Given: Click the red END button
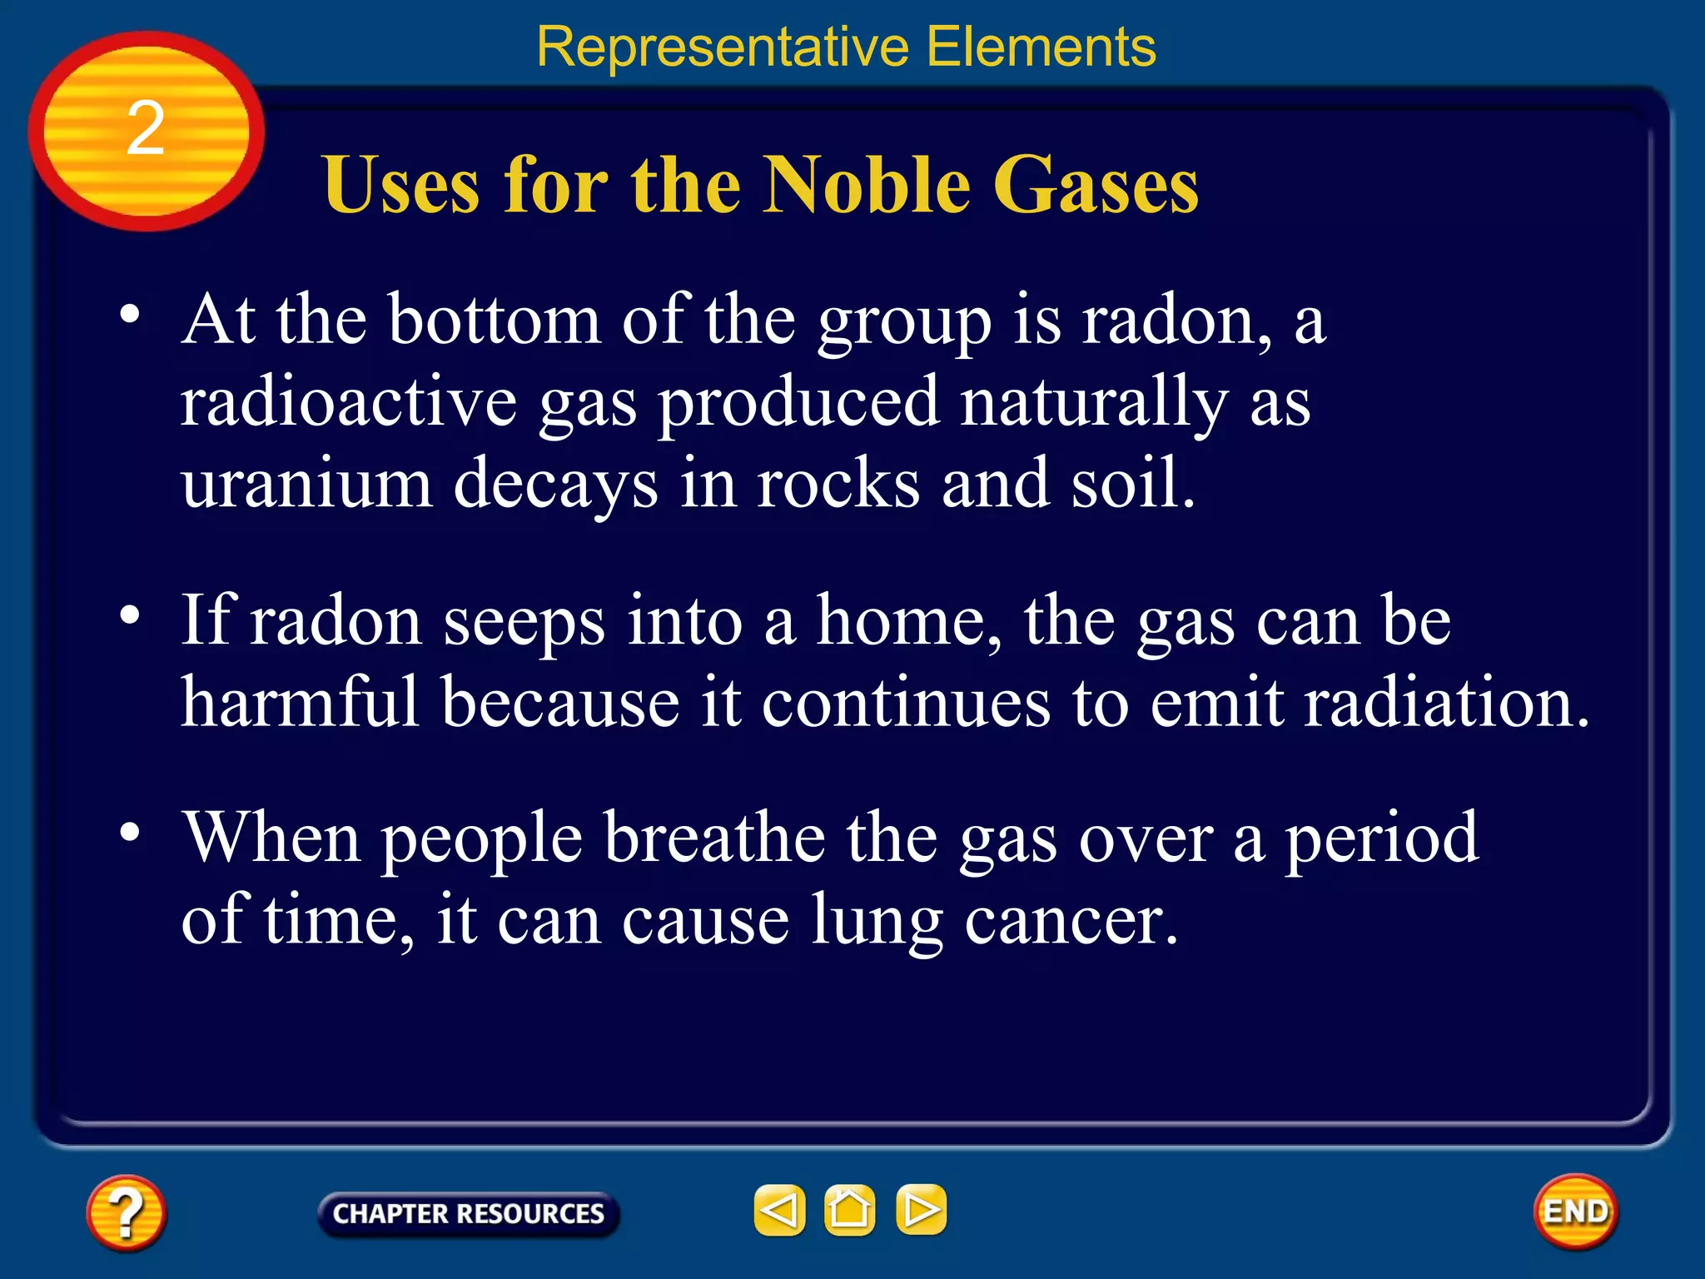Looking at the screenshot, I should point(1575,1212).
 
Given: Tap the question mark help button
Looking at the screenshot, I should point(126,1212).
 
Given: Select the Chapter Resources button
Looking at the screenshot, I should point(468,1213).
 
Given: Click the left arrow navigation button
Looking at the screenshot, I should point(779,1209).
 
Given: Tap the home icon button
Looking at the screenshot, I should point(849,1209).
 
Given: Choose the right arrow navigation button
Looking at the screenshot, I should point(921,1209).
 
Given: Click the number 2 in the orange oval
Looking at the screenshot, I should point(146,129).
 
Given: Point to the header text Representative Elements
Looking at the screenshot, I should point(846,47).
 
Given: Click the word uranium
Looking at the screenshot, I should point(307,485).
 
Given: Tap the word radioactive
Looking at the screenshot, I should point(349,402).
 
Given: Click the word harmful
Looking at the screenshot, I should point(300,702).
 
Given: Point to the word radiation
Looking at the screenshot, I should point(1446,702).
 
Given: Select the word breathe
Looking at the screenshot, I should point(714,838).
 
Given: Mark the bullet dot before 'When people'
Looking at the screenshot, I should point(130,832).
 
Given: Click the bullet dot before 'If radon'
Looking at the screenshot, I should point(130,615).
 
